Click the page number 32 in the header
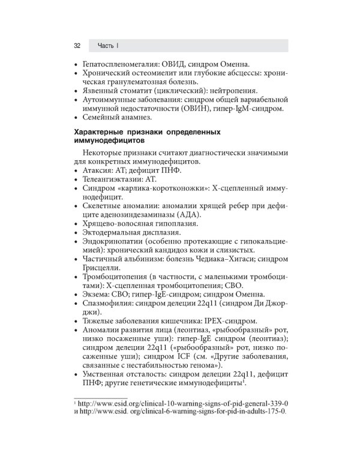(x=77, y=46)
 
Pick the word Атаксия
(x=98, y=171)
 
